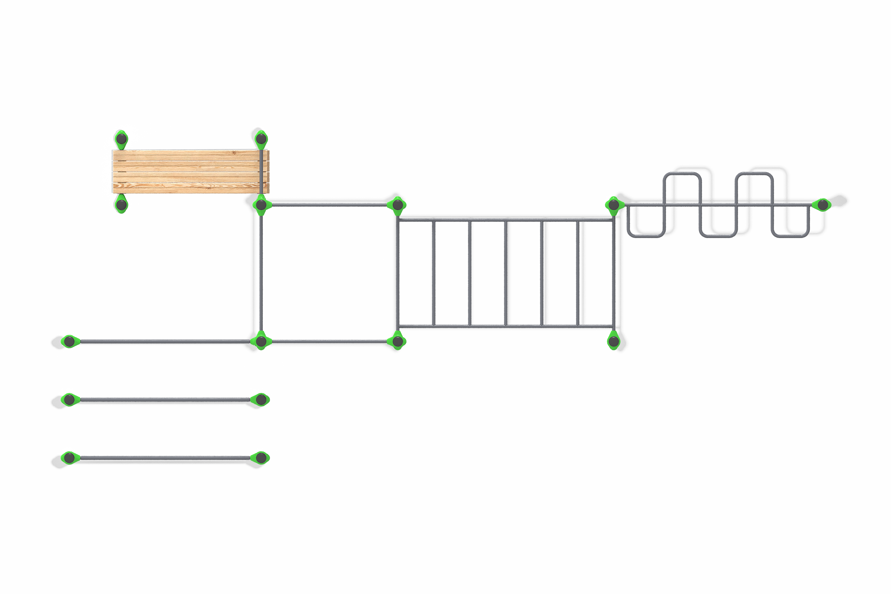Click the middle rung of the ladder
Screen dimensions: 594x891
pyautogui.click(x=505, y=273)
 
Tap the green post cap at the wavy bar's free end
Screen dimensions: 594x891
pyautogui.click(x=823, y=205)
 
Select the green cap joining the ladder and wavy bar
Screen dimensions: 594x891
pyautogui.click(x=613, y=205)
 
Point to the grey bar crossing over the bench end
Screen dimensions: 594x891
pyautogui.click(x=261, y=170)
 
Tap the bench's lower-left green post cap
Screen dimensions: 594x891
pyautogui.click(x=121, y=205)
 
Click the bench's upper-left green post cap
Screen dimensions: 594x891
pyautogui.click(x=121, y=139)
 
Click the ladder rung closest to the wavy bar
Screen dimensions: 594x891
pyautogui.click(x=577, y=273)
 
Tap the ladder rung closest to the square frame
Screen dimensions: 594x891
pyautogui.click(x=433, y=273)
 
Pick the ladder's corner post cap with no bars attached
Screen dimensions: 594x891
pyautogui.click(x=613, y=341)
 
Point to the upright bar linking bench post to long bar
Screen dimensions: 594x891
pyautogui.click(x=261, y=273)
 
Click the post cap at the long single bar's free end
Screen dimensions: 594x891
pyautogui.click(x=69, y=341)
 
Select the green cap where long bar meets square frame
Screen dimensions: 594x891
pyautogui.click(x=261, y=341)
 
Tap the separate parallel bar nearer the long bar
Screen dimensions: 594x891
pyautogui.click(x=165, y=400)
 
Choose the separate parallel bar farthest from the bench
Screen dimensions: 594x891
pyautogui.click(x=165, y=458)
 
